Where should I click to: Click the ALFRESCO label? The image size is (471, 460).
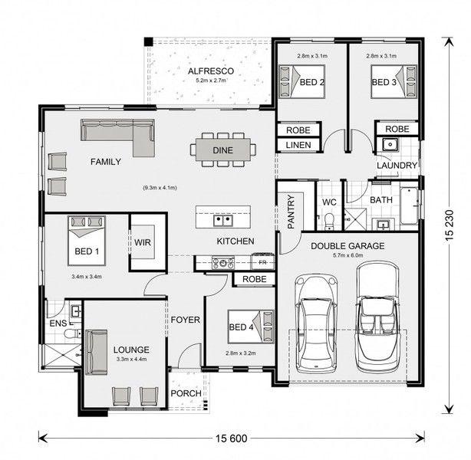click(211, 71)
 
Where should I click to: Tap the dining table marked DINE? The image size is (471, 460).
click(223, 149)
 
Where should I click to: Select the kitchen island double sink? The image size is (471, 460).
click(223, 221)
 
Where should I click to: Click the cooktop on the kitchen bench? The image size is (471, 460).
click(223, 263)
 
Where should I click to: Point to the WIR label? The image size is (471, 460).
click(143, 242)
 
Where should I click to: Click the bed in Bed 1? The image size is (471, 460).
click(87, 240)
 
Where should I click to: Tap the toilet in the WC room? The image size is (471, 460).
click(330, 221)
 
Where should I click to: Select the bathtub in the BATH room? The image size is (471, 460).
click(409, 206)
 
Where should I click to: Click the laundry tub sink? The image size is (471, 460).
click(390, 144)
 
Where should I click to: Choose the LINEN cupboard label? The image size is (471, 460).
click(298, 145)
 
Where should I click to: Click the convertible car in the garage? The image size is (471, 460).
click(377, 317)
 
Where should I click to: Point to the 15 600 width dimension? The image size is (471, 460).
click(232, 439)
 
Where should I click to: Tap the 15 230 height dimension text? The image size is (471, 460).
click(450, 225)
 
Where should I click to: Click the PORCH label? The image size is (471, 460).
click(186, 393)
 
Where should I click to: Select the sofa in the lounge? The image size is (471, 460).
click(96, 352)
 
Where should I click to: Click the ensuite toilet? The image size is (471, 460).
click(73, 333)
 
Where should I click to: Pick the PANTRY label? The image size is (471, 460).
click(291, 212)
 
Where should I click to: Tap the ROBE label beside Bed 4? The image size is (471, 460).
click(255, 279)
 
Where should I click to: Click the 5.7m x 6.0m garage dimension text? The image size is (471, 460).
click(347, 255)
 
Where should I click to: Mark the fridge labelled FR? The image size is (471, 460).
click(263, 262)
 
